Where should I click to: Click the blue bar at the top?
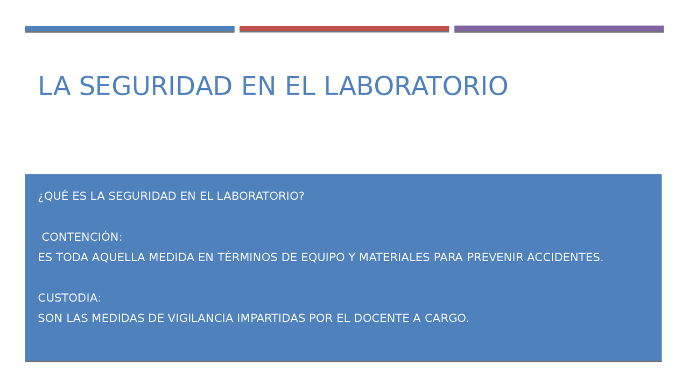coord(130,29)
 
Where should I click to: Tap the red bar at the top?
coord(344,29)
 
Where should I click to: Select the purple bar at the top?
coord(559,29)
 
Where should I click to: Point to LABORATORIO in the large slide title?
coord(416,87)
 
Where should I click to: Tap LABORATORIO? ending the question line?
coord(261,196)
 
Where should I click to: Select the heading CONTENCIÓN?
coord(82,237)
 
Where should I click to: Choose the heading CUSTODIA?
coord(69,298)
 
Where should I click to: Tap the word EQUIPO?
coord(323,257)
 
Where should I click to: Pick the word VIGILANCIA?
coord(200,318)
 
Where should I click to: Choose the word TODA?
coord(72,257)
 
